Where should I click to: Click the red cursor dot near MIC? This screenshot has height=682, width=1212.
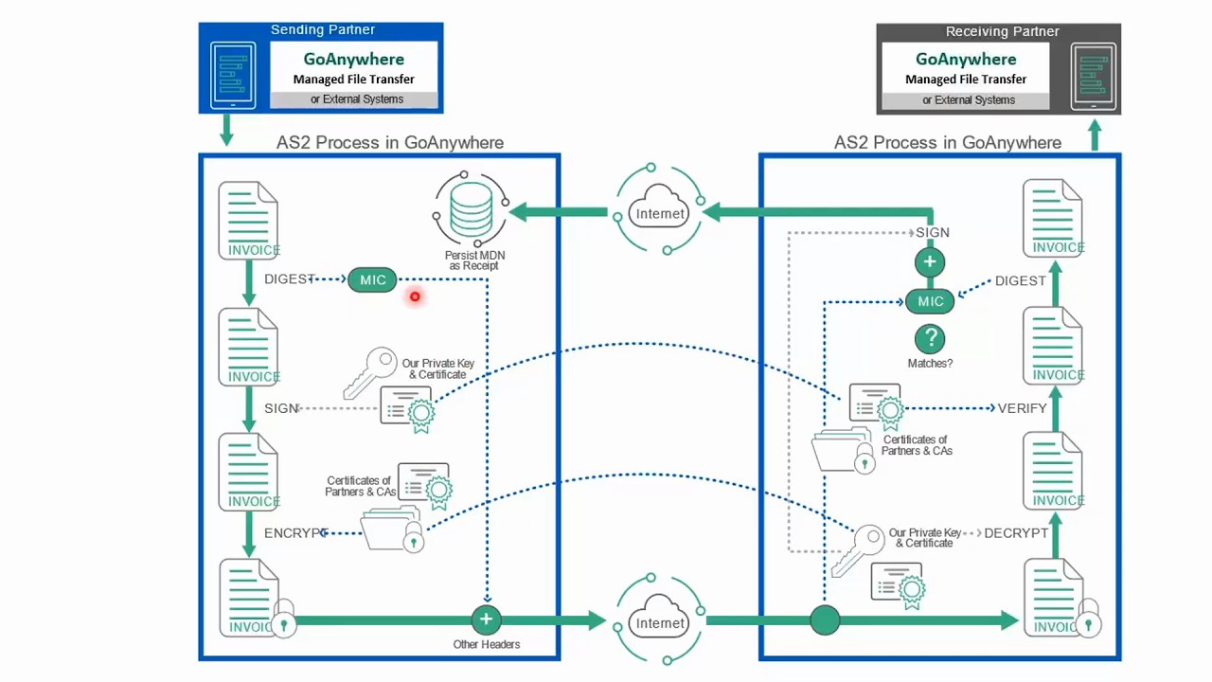point(415,297)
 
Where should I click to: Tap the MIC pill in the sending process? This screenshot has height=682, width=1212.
point(372,279)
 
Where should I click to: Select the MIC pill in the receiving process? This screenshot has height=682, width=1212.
point(930,301)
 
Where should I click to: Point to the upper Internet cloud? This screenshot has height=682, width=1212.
point(660,213)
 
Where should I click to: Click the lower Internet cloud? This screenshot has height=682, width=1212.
point(660,622)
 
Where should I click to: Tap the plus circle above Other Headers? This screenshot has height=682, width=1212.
point(486,619)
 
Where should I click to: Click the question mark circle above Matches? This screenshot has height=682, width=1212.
point(930,338)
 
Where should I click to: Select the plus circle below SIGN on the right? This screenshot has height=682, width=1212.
point(930,262)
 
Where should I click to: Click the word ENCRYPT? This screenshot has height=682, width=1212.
point(295,533)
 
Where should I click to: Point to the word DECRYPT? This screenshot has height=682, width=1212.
point(1016,533)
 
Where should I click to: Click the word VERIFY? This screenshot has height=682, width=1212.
point(1022,408)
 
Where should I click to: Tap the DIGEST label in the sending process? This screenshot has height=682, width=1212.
point(289,279)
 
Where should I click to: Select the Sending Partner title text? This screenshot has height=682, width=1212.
point(323,30)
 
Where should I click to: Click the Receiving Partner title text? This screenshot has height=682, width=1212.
point(1002,31)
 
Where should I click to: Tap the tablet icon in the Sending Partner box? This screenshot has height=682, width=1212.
point(233,75)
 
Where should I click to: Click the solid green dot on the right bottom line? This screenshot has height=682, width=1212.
point(825,620)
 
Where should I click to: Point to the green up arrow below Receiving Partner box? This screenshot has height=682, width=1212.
point(1095,135)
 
